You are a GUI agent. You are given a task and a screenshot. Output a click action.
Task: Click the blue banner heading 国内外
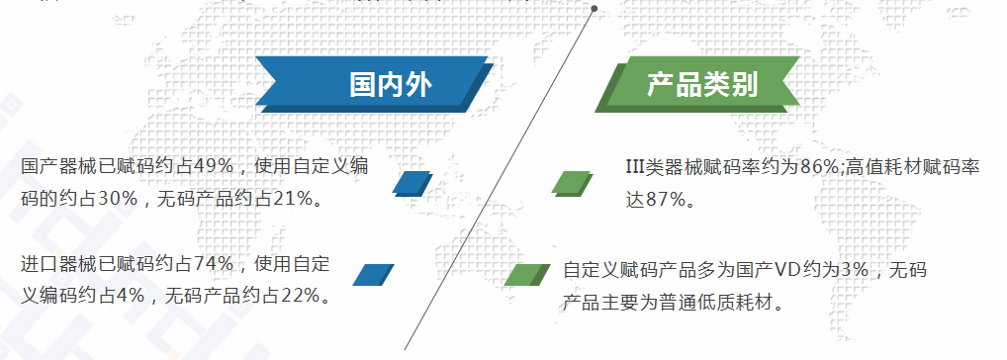coord(375,84)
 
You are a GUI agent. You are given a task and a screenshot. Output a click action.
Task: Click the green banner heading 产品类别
coord(698,84)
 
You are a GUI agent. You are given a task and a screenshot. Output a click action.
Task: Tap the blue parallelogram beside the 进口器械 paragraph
coord(373,275)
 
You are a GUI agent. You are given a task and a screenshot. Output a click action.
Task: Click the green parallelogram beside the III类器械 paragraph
coord(572,184)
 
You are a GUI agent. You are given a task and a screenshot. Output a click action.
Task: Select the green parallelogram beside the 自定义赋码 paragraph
coord(526,275)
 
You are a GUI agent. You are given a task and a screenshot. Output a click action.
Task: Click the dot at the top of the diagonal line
coord(595,8)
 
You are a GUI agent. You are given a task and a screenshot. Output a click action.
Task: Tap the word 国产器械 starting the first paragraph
coord(59,166)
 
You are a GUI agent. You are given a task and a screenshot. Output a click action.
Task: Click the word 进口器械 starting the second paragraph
coord(59,264)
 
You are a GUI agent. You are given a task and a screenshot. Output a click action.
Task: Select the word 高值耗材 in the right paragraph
coord(883,167)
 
